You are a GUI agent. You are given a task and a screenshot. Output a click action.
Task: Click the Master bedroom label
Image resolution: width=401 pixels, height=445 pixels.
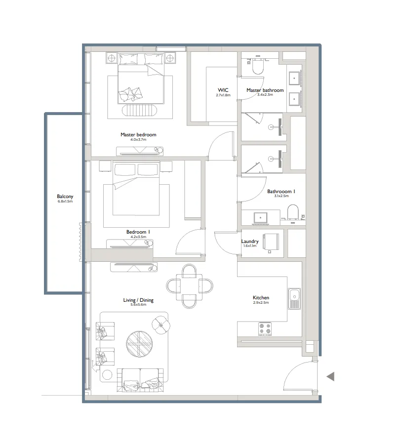click(x=138, y=134)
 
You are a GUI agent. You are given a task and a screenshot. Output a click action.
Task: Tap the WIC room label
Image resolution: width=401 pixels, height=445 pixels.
click(x=223, y=90)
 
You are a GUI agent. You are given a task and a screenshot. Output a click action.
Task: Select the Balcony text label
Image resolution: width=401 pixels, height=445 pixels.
click(x=65, y=197)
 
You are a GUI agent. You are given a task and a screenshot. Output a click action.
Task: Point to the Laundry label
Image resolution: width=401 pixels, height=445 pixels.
click(x=249, y=242)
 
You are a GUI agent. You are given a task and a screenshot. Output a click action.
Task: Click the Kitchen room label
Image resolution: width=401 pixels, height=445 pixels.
click(x=261, y=298)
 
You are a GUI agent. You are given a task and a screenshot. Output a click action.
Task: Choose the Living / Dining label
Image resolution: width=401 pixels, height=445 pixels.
click(x=138, y=300)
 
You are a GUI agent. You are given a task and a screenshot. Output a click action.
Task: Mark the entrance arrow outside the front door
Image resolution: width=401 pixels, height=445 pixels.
click(x=330, y=376)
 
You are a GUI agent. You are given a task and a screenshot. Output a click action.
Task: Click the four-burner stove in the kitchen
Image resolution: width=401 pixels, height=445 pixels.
click(x=265, y=328)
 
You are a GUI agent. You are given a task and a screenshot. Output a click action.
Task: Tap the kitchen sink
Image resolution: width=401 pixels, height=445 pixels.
click(x=294, y=299)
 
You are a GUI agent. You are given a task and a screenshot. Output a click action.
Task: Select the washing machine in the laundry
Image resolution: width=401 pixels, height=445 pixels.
click(x=271, y=243)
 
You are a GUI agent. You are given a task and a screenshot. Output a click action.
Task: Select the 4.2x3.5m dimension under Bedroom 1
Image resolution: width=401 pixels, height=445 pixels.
click(x=138, y=237)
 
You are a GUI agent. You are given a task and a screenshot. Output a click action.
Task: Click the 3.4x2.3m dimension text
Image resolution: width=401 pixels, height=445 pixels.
click(x=265, y=95)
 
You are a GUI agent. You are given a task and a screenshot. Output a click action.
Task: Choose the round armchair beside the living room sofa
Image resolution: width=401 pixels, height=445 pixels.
click(x=161, y=324)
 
